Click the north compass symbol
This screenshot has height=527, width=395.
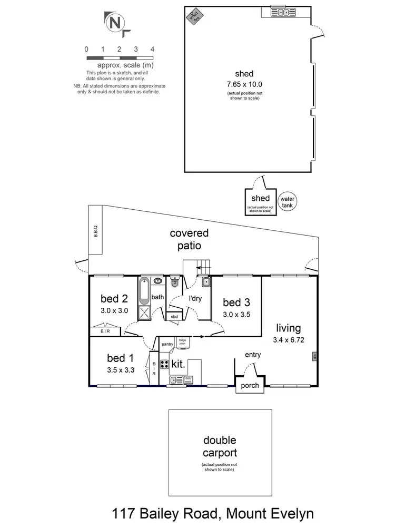coord(114,24)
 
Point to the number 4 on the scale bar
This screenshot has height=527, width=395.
coord(152,49)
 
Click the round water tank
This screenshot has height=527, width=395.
coord(287,201)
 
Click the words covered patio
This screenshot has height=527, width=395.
coord(189,239)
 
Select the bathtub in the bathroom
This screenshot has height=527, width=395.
coord(145,291)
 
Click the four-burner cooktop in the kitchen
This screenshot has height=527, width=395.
coord(164,364)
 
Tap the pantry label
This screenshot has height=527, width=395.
coord(168,344)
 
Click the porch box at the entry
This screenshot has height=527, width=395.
coord(250,385)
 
